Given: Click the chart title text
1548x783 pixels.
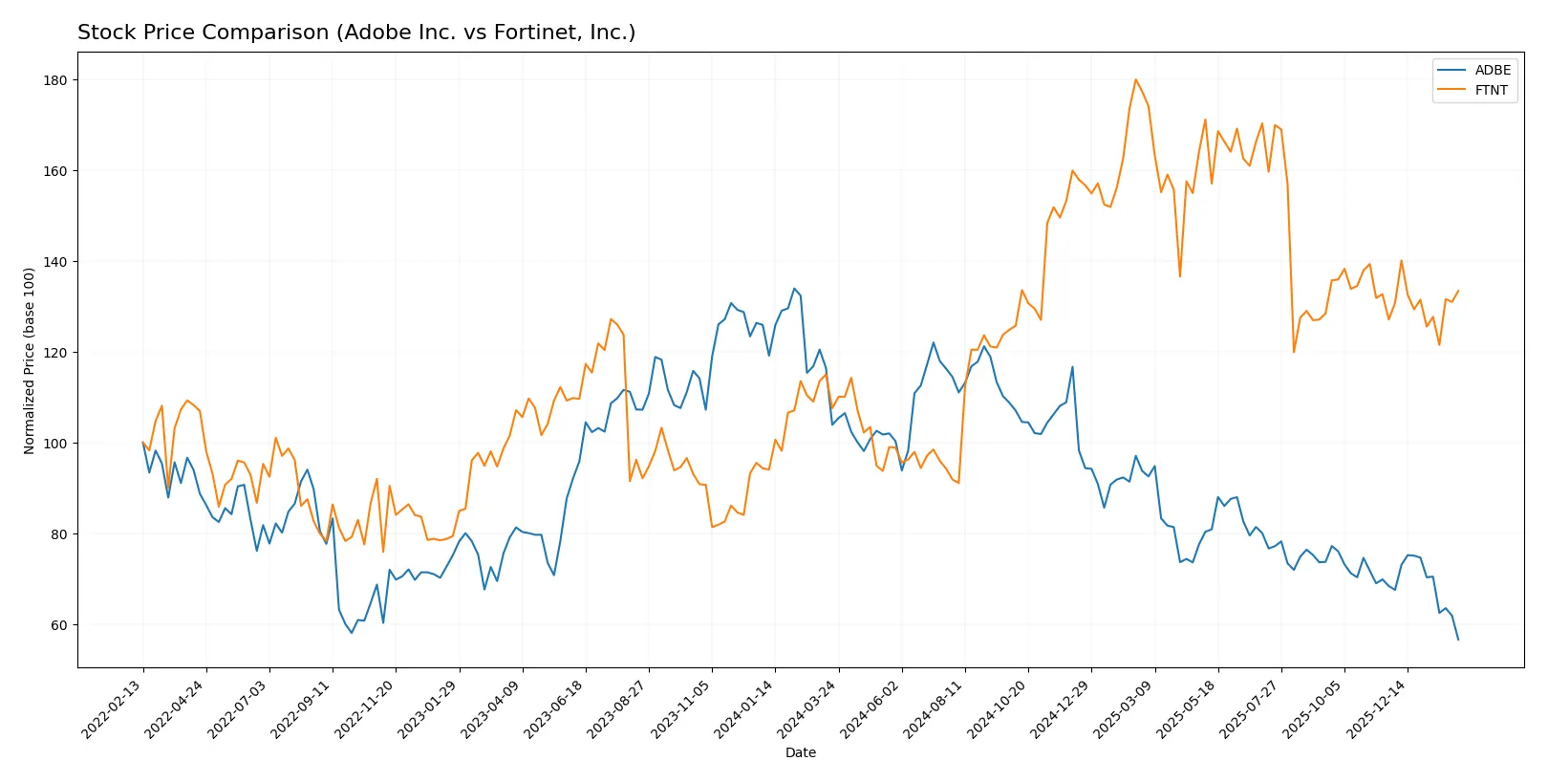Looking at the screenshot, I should [356, 33].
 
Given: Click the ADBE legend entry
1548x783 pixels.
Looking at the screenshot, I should [1492, 70].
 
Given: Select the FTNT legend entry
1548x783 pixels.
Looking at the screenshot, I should [1490, 90].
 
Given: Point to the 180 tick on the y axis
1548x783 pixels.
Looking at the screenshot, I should [55, 80].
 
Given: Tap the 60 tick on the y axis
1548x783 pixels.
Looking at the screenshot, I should [59, 625].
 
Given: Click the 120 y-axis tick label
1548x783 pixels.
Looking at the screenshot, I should [55, 353].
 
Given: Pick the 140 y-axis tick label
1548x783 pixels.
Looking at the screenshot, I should [55, 262].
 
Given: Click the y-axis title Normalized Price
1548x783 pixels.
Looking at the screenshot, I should [30, 360].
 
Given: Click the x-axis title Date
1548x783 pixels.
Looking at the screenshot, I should [800, 752].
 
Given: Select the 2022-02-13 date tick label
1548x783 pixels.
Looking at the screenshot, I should [113, 709].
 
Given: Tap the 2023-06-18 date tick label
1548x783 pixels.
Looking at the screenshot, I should [555, 709].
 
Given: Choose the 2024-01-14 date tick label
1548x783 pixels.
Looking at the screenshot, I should [744, 709].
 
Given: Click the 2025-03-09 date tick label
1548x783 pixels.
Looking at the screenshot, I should [1124, 709].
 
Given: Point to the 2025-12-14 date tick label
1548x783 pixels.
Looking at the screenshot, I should [1377, 709].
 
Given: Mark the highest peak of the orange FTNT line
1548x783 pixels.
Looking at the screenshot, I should [1135, 79].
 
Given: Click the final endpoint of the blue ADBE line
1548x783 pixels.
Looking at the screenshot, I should [1458, 640].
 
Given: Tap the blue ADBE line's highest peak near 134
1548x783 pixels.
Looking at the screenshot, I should [794, 288].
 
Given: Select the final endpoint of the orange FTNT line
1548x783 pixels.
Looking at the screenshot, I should [1458, 291].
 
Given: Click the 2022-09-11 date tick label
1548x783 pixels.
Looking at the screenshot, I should [302, 709].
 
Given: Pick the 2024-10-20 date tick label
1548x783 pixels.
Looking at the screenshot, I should [998, 709].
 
